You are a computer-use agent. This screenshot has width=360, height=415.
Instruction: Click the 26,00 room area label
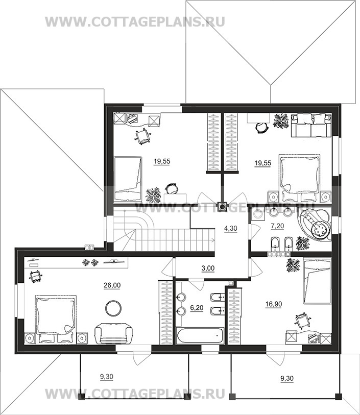pos(112,285)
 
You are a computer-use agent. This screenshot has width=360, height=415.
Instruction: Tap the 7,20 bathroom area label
pos(277,226)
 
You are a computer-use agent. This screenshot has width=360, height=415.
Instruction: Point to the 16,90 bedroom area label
pos(274,304)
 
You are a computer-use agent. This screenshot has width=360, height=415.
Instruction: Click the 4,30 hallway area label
pos(231,228)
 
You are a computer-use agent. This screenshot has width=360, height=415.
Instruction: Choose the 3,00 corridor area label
pos(208,268)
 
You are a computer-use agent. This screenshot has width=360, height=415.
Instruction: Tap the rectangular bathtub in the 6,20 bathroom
pos(200,336)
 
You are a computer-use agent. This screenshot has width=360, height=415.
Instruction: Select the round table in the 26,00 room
pos(113,307)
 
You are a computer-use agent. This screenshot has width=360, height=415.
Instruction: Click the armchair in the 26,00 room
pos(113,334)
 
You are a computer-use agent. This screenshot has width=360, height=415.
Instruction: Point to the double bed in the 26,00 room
pos(56,320)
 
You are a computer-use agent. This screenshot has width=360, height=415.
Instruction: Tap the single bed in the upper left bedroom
pos(128,179)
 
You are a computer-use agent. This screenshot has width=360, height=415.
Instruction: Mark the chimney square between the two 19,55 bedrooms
pos(222,206)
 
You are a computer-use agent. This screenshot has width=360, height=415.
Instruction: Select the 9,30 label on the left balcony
pos(107,377)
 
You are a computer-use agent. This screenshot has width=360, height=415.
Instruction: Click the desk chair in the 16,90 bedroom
pos(302,320)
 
